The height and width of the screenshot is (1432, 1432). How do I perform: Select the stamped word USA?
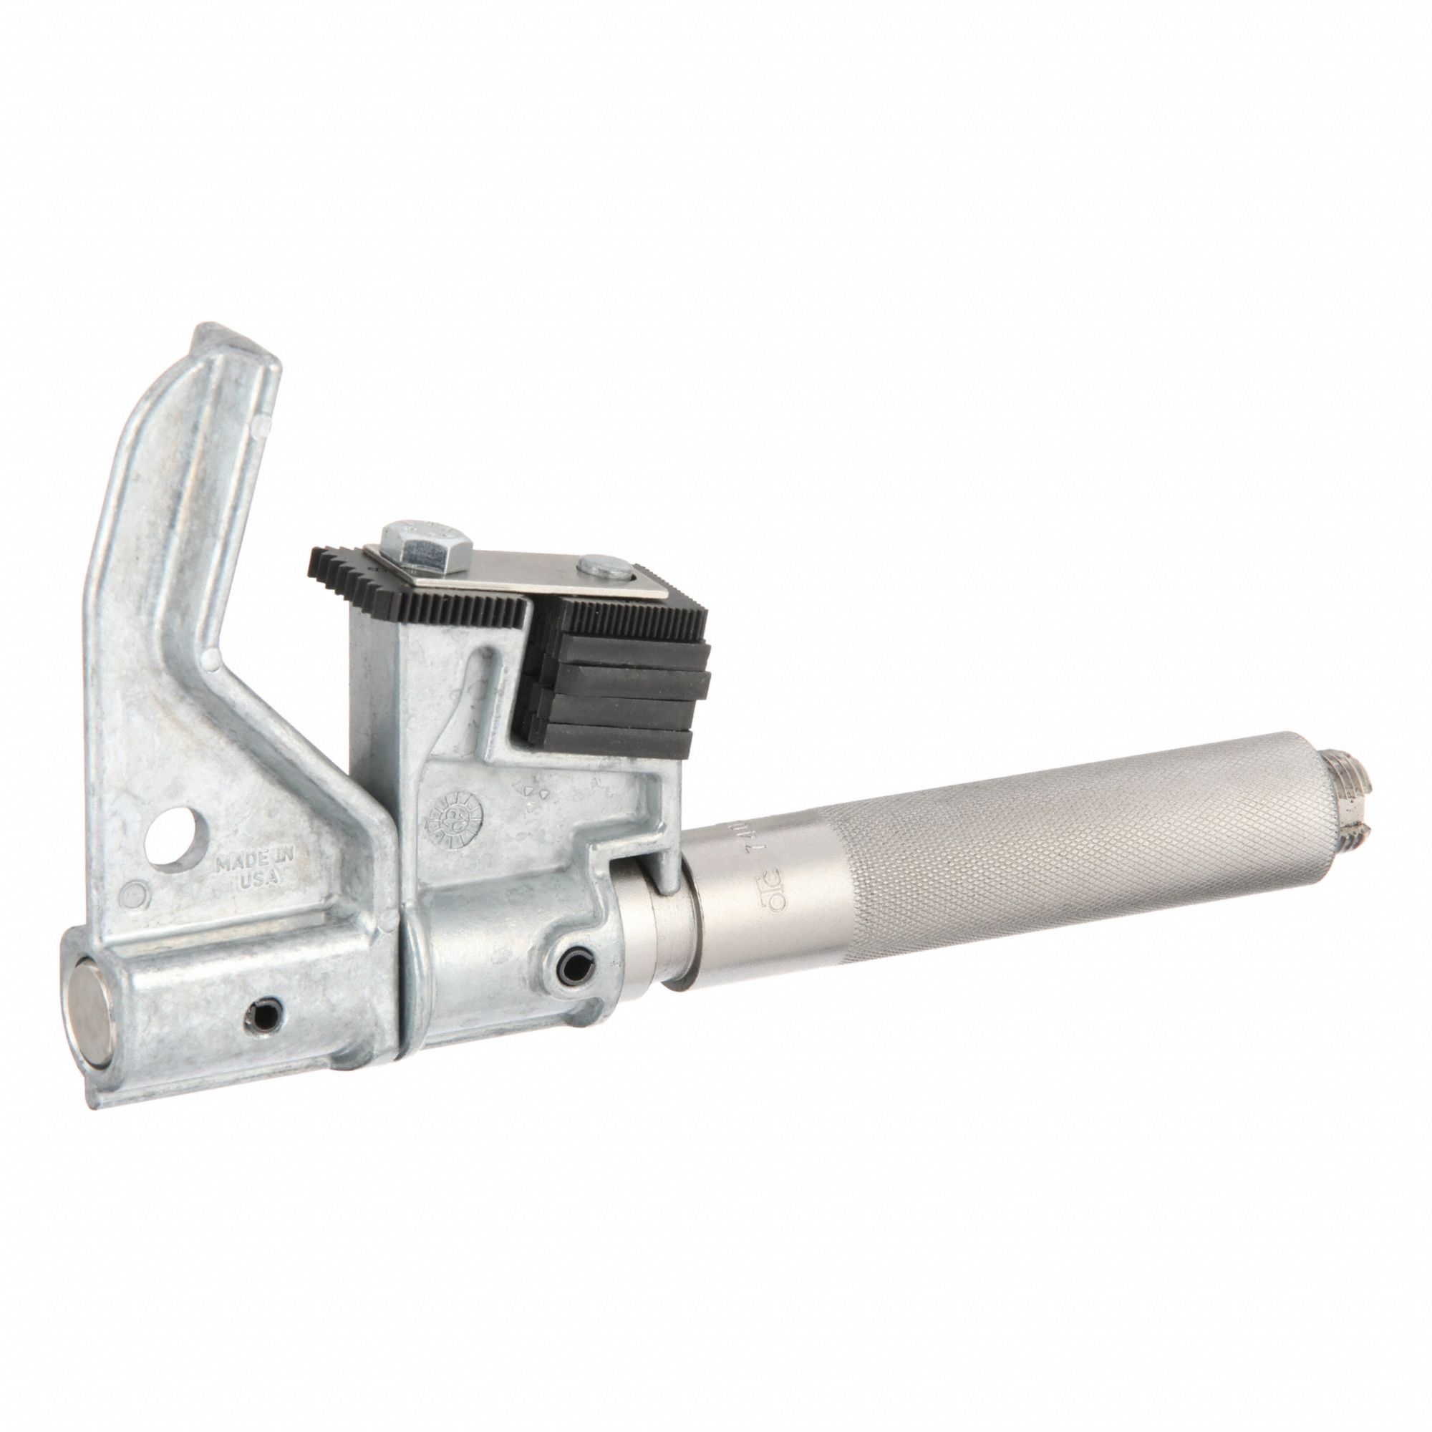[x=258, y=879]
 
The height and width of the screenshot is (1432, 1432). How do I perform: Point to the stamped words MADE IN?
[x=254, y=858]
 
